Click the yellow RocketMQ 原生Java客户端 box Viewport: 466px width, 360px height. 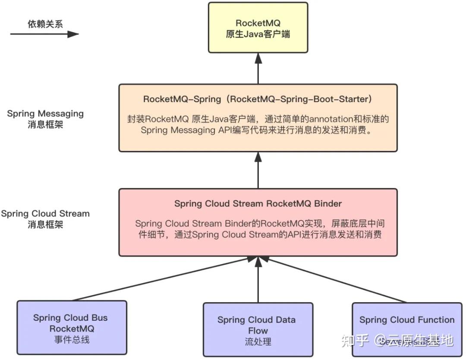tap(258, 28)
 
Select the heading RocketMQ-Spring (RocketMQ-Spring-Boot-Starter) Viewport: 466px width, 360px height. tap(258, 99)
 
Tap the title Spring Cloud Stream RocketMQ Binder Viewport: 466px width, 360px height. tap(258, 203)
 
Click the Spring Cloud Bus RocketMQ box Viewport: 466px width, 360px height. tap(72, 329)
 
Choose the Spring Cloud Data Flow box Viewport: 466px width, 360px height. tap(258, 330)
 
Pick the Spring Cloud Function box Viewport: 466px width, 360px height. tap(406, 329)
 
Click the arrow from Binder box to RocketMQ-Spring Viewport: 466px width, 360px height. tap(258, 170)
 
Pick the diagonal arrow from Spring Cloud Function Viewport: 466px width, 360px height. tap(337, 279)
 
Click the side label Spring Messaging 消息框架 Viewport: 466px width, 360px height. tap(45, 119)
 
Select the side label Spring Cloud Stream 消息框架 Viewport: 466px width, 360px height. tap(45, 219)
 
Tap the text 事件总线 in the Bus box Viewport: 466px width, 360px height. tap(72, 340)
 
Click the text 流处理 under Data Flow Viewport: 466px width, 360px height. tap(258, 342)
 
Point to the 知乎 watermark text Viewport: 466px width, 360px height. tap(355, 340)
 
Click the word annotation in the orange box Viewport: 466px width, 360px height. tap(319, 119)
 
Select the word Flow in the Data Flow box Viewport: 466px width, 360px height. tap(258, 331)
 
